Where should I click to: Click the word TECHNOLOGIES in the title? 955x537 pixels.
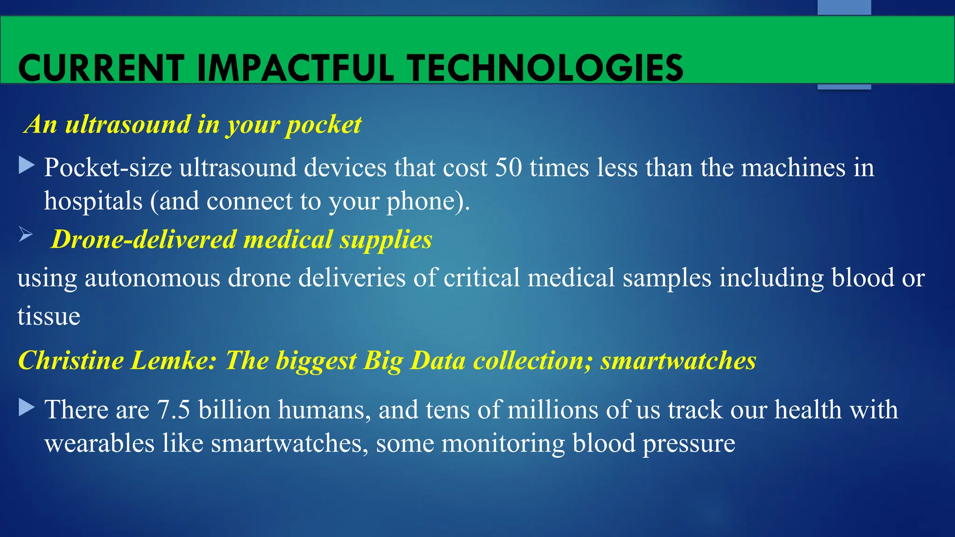pyautogui.click(x=546, y=69)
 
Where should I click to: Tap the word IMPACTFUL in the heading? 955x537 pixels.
pyautogui.click(x=295, y=69)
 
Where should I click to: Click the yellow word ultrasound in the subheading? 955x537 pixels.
pyautogui.click(x=128, y=124)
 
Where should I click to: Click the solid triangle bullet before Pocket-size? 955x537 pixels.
pyautogui.click(x=27, y=165)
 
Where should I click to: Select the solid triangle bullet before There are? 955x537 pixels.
pyautogui.click(x=27, y=408)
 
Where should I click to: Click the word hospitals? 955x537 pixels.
pyautogui.click(x=93, y=201)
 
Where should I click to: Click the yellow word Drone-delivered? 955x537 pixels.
pyautogui.click(x=144, y=240)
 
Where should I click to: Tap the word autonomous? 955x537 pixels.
pyautogui.click(x=152, y=278)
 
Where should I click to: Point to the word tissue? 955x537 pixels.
pyautogui.click(x=49, y=317)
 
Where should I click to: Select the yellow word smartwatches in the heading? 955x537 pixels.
pyautogui.click(x=678, y=360)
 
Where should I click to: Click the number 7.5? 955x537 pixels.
pyautogui.click(x=173, y=410)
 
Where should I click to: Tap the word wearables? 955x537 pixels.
pyautogui.click(x=99, y=443)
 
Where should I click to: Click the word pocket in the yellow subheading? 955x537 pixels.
pyautogui.click(x=323, y=124)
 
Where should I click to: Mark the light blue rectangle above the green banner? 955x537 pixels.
pyautogui.click(x=844, y=7)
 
